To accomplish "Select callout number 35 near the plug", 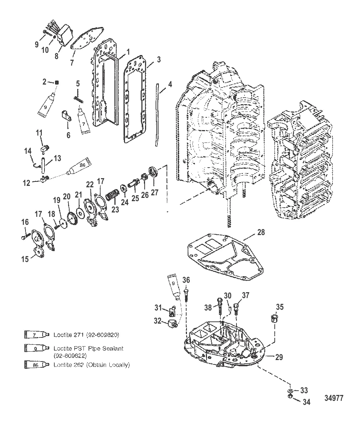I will tap(279, 307).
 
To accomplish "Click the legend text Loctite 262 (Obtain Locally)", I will tap(91, 364).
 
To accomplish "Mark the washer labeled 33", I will tap(290, 391).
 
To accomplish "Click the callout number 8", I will tap(56, 56).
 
